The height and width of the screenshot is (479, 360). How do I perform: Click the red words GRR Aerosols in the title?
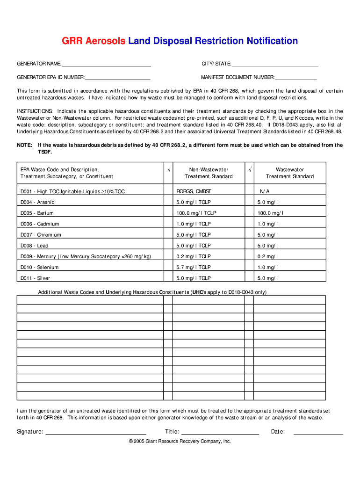(x=94, y=41)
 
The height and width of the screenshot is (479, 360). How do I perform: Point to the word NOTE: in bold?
(x=24, y=145)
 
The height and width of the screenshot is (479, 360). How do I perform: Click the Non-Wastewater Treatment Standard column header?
(x=209, y=173)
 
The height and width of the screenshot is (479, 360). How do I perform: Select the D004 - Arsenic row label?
(x=37, y=202)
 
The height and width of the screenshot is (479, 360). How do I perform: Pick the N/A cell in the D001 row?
(x=265, y=191)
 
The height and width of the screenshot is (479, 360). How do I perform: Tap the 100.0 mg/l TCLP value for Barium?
(x=196, y=213)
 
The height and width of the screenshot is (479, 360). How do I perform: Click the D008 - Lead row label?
(x=34, y=246)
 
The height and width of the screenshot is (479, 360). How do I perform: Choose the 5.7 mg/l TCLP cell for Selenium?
(x=194, y=267)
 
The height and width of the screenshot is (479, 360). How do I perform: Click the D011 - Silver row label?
(x=35, y=278)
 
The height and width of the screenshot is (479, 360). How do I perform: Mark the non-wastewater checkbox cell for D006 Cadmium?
(x=168, y=224)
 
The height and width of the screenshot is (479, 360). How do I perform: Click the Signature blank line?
(x=95, y=432)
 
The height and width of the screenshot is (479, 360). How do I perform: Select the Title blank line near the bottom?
(x=220, y=432)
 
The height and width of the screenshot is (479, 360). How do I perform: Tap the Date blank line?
(x=318, y=432)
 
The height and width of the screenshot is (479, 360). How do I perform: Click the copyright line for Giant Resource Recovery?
(x=180, y=441)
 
